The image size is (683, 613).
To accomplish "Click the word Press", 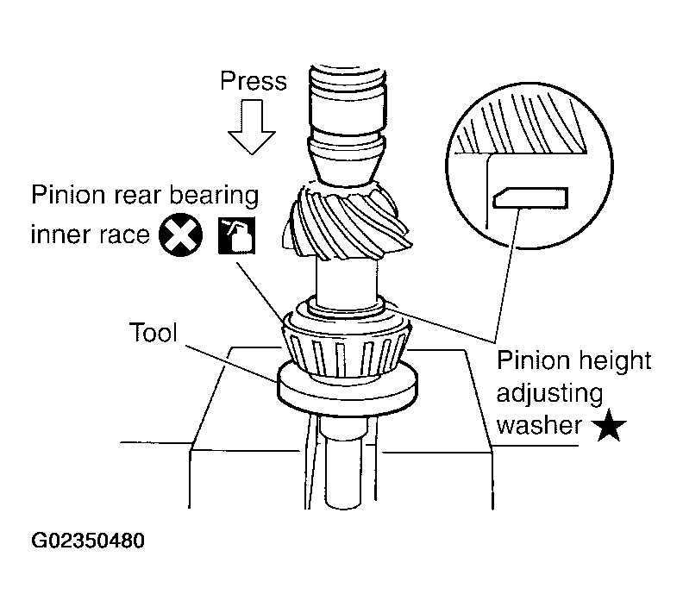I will pos(254,81).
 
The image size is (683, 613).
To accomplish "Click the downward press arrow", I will pos(251,128).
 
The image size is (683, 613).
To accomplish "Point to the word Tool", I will pos(152,333).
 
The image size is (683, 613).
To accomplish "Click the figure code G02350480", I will pos(88,542).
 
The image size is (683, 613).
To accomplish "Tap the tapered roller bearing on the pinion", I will pos(345,346).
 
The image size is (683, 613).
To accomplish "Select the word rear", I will pos(136,196).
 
